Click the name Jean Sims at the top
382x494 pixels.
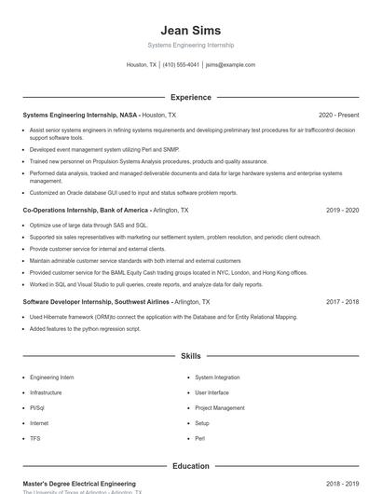(190, 30)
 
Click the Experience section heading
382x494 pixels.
(191, 97)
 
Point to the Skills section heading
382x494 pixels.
(191, 356)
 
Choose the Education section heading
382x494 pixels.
(191, 466)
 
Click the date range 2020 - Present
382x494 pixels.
(338, 115)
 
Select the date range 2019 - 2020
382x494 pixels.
(342, 211)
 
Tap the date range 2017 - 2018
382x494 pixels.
(342, 302)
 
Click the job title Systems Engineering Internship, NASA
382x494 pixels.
(80, 115)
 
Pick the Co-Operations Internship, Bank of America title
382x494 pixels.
(86, 211)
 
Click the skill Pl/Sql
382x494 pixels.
(37, 407)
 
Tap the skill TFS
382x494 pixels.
(35, 437)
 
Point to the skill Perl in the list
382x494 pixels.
(199, 437)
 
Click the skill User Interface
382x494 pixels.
(211, 392)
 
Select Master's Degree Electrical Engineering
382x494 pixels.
(78, 484)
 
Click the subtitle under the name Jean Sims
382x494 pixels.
(190, 45)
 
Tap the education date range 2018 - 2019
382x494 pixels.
(342, 484)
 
